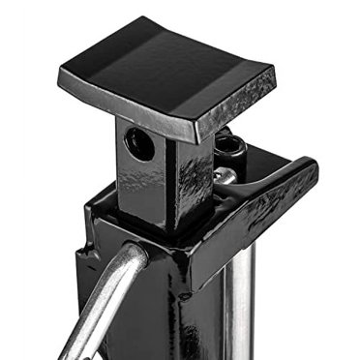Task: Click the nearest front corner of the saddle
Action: pyautogui.click(x=198, y=133)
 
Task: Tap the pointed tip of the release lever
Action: pyautogui.click(x=312, y=166)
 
